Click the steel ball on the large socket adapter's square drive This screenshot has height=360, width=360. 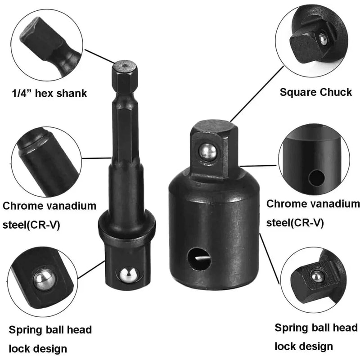point(208,151)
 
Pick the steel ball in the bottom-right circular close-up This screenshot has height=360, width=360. point(317,276)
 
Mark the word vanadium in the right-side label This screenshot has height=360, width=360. point(333,203)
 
